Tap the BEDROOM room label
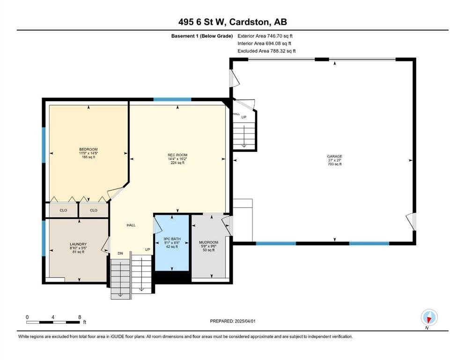89,149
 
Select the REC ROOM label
177,155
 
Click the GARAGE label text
334,157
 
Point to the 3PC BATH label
172,239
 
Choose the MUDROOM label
208,242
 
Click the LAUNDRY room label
78,244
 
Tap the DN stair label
120,254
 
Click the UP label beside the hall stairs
148,249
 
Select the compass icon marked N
429,317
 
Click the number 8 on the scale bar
80,317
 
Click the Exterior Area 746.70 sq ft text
265,36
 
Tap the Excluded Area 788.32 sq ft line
266,51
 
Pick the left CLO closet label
64,210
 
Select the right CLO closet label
94,210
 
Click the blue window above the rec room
172,99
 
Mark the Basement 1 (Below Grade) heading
202,36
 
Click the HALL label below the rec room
131,225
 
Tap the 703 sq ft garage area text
334,164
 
